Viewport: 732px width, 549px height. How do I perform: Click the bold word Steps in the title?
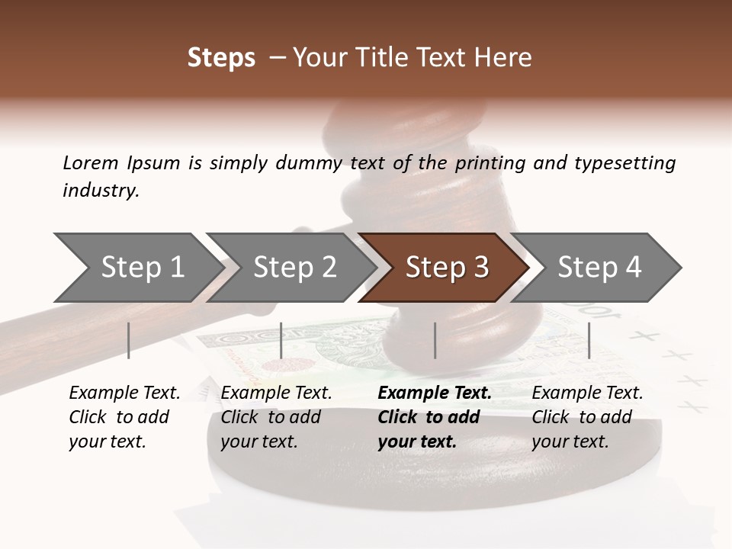221,58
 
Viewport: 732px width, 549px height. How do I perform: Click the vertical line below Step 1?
129,340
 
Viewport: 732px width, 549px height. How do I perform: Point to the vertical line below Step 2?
281,340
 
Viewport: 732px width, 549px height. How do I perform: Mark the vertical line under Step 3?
435,340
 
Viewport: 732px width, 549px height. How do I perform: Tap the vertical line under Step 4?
589,340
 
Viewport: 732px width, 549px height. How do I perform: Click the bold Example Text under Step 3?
435,393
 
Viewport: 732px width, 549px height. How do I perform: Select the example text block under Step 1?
124,417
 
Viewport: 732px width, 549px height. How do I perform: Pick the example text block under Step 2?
276,417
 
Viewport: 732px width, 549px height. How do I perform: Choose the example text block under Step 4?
587,417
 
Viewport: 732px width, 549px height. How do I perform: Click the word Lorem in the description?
91,162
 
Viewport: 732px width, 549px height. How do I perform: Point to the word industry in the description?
101,191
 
